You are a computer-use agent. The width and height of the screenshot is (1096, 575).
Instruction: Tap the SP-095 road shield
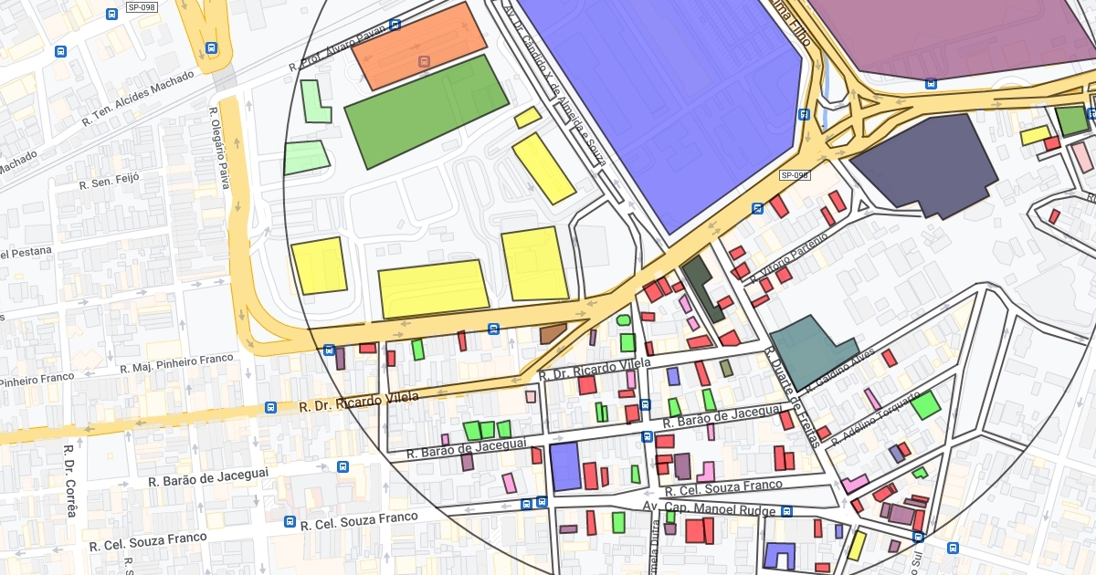tap(795, 175)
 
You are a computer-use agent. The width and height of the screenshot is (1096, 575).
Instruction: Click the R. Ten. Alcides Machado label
tap(138, 99)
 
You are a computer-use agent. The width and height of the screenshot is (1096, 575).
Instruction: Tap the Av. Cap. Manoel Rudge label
tap(717, 508)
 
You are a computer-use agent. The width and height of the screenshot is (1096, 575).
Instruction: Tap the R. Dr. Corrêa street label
tap(69, 480)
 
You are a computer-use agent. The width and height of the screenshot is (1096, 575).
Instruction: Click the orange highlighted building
tap(419, 45)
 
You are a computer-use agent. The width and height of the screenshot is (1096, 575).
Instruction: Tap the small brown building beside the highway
tap(553, 333)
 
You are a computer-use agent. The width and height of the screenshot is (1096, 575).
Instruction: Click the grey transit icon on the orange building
tap(423, 61)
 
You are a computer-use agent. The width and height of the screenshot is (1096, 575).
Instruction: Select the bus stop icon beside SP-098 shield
tap(112, 15)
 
